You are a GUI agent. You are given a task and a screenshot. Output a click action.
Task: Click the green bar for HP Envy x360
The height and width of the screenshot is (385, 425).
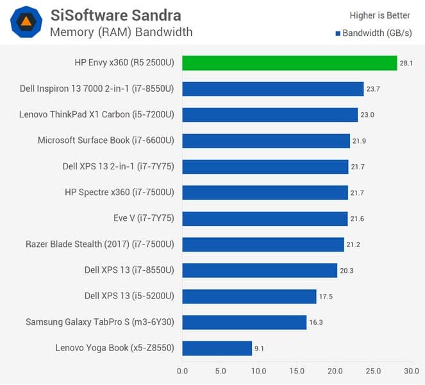[x=290, y=63]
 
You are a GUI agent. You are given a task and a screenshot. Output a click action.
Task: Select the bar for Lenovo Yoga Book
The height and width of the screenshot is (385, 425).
[x=217, y=348]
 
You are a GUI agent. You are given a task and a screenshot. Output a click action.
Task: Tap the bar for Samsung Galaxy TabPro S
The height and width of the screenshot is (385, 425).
[x=244, y=322]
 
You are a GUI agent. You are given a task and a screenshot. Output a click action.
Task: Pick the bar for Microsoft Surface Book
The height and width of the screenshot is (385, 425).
[x=266, y=141]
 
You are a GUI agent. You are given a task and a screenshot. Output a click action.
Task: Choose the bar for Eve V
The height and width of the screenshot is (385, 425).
[x=265, y=218]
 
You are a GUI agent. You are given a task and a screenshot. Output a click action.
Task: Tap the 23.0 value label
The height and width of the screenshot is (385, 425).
[x=369, y=115]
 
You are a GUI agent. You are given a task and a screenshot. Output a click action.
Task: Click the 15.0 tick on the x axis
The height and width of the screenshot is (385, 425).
[x=297, y=371]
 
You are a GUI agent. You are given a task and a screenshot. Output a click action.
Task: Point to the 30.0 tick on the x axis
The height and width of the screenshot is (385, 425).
[x=412, y=371]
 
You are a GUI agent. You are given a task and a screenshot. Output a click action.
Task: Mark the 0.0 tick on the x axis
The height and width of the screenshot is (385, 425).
[x=183, y=371]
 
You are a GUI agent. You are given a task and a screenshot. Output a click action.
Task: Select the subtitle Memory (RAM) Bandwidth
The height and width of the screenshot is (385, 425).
[x=121, y=31]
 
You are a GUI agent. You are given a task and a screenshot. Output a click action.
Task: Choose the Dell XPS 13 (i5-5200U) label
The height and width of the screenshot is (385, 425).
[x=131, y=296]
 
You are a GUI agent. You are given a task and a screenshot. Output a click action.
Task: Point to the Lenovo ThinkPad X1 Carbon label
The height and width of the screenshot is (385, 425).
[x=98, y=115]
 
